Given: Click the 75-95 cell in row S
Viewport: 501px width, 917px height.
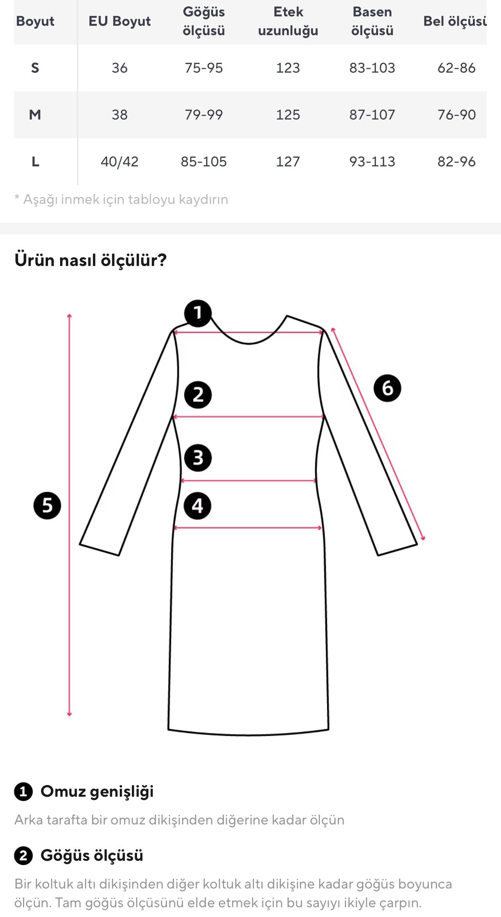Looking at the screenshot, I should click(x=204, y=68).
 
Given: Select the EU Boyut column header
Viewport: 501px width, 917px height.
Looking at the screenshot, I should click(x=119, y=21).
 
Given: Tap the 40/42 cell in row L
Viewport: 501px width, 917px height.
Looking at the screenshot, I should click(x=119, y=162).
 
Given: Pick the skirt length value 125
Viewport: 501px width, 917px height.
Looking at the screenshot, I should click(x=288, y=115).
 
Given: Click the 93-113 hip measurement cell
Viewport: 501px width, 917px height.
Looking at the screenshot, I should click(x=372, y=162).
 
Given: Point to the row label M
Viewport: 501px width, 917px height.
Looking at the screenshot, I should click(x=35, y=115).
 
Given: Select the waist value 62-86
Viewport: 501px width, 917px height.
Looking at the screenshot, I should click(x=456, y=68).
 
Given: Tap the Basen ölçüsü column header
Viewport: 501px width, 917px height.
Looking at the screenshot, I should click(x=372, y=21).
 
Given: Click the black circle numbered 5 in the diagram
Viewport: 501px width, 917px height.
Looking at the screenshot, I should click(x=47, y=505).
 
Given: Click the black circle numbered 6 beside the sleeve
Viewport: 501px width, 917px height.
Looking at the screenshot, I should click(x=387, y=388).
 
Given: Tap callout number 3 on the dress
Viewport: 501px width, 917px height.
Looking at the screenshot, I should click(x=198, y=458).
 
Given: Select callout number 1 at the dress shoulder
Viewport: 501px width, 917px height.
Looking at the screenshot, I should click(x=198, y=313).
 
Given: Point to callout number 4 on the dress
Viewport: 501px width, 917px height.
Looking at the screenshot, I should click(x=197, y=506).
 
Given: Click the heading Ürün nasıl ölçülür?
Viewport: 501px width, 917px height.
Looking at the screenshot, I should click(x=91, y=260).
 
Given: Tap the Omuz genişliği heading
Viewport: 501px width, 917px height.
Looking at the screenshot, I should click(x=97, y=791).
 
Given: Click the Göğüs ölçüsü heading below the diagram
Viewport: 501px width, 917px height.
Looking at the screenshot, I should click(x=92, y=855).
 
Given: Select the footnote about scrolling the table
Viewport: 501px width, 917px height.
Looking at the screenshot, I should click(x=121, y=200).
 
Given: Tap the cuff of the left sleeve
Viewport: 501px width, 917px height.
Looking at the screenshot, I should click(x=99, y=549).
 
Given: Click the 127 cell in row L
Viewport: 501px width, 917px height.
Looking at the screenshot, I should click(x=288, y=162).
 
